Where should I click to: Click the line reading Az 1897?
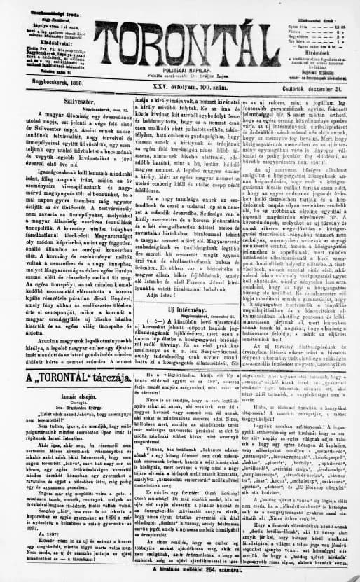coord(29,536)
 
